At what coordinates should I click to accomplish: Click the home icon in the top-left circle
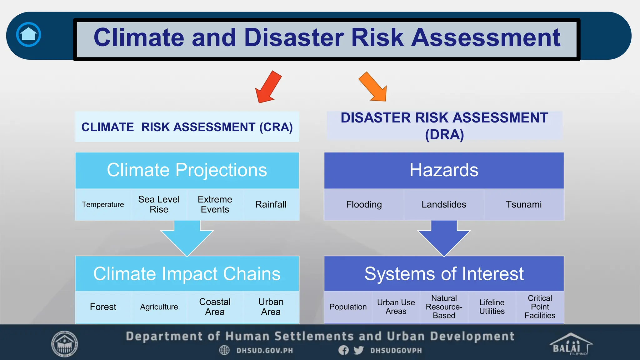point(28,34)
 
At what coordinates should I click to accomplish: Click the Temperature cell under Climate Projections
point(103,204)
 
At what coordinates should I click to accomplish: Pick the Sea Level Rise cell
point(159,204)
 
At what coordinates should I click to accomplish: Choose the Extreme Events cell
point(215,204)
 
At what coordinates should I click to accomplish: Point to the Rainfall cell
point(271,204)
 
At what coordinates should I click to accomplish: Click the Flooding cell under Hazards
point(364,204)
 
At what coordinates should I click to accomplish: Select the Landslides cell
point(444,204)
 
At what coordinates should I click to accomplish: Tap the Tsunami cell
point(524,204)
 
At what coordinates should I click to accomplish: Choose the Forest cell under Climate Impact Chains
point(103,307)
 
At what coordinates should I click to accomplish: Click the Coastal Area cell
point(215,307)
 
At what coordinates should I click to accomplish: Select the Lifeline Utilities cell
point(492,307)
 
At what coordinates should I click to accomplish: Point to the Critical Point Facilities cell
point(540,307)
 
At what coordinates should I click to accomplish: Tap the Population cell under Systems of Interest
point(348,307)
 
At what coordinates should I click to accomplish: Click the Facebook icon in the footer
point(343,350)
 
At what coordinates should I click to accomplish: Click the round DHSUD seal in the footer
point(65,344)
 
